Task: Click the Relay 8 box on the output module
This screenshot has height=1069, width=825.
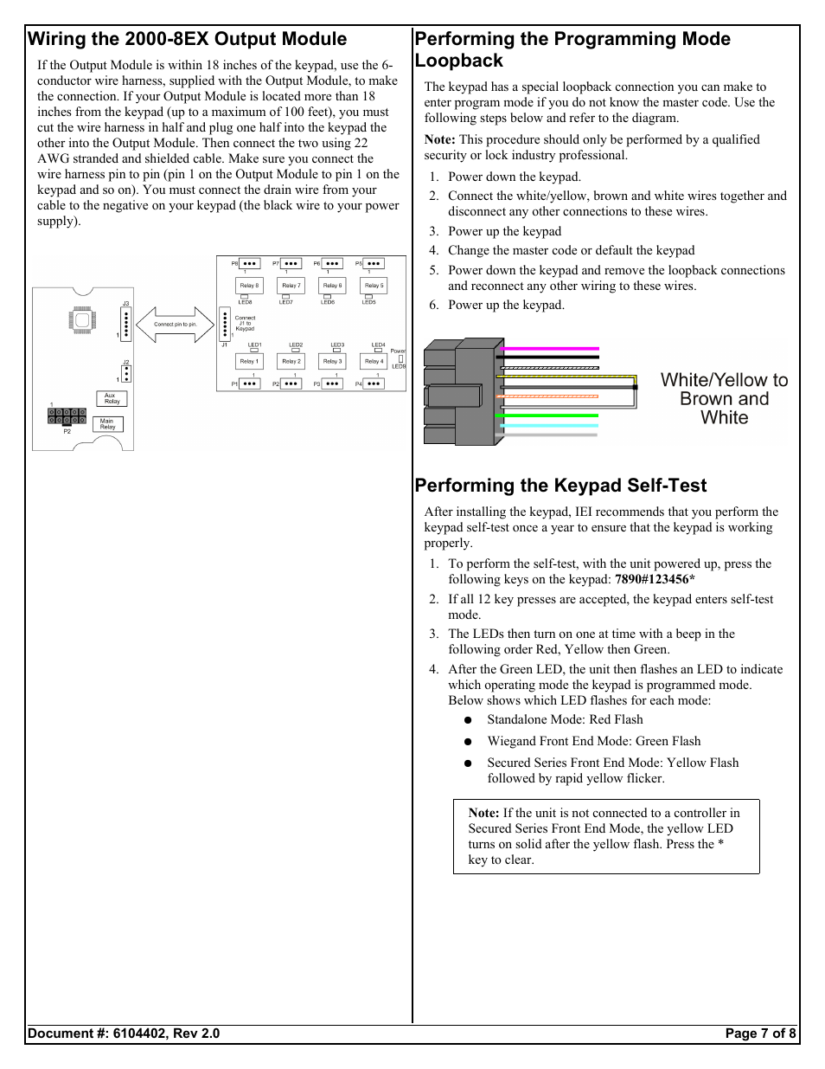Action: tap(249, 286)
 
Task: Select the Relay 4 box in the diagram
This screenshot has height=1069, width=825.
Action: tap(373, 362)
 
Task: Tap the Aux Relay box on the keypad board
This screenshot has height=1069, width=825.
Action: tap(111, 398)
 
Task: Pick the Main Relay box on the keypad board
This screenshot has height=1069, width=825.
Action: tap(107, 424)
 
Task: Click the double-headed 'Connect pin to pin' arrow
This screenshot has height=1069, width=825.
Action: tap(175, 325)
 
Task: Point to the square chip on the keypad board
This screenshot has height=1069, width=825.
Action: tap(82, 319)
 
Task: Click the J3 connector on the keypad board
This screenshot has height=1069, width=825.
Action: tap(125, 324)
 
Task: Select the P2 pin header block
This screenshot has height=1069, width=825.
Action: tap(67, 416)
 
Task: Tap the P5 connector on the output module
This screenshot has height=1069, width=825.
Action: tap(373, 263)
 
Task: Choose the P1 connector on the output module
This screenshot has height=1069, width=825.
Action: tap(249, 383)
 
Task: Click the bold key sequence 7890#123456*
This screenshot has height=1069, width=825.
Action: tap(655, 579)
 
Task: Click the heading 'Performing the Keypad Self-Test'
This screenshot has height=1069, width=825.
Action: tap(560, 486)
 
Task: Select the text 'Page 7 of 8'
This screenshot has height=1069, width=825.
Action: tap(760, 1034)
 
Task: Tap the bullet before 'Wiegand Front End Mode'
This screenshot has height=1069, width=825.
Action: tap(467, 742)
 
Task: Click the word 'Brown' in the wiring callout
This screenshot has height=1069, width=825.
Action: tap(701, 399)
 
